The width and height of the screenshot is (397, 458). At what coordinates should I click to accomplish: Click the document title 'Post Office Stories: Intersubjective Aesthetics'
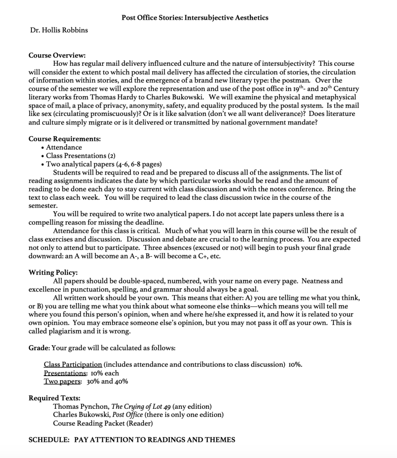[x=195, y=18]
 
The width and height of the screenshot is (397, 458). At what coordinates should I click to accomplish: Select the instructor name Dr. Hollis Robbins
[x=59, y=30]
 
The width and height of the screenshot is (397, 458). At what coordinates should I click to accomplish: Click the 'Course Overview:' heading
[x=57, y=56]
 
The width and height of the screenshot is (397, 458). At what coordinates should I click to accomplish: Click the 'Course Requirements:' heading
[x=65, y=139]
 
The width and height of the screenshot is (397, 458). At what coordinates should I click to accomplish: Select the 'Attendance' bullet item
[x=64, y=147]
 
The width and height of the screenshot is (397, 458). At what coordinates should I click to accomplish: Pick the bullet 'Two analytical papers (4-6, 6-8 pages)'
[x=104, y=164]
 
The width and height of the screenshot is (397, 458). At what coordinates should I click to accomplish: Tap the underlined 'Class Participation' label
[x=73, y=364]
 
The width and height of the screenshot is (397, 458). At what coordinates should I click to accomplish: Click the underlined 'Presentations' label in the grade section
[x=65, y=373]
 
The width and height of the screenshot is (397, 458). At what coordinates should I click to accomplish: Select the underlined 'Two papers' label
[x=62, y=381]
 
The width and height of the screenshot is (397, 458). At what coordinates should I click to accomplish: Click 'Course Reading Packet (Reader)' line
[x=103, y=423]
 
